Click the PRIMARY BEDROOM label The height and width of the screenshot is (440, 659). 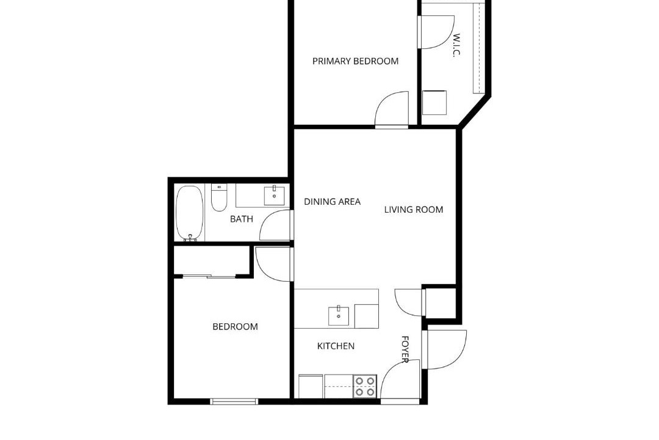coord(355,61)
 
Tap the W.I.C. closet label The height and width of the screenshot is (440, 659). coord(457,45)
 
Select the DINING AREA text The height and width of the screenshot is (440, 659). coord(332,202)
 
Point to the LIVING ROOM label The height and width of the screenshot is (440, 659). coord(414,209)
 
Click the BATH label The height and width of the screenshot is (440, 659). coord(242,219)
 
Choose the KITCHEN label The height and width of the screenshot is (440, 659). coord(336,346)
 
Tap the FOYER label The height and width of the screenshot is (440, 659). coord(405,349)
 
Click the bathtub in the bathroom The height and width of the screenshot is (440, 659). coord(190,213)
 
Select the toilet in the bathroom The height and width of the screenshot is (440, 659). coord(219,197)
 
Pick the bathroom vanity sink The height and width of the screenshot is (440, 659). coord(274,195)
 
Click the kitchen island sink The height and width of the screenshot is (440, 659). coord(338,316)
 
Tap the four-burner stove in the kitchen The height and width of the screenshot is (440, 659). coord(364,386)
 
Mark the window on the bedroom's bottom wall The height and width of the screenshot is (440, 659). coord(234,402)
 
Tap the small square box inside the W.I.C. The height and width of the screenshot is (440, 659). coord(434,102)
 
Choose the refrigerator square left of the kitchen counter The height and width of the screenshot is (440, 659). coord(311,386)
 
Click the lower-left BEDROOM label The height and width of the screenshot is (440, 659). coord(235,327)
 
